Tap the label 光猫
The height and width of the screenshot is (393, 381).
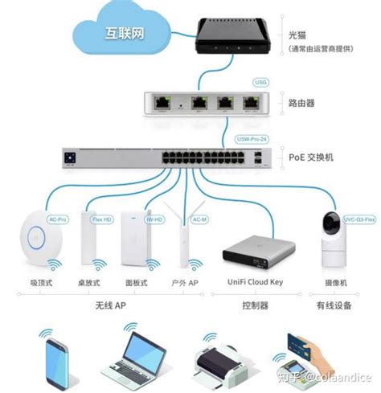tap(298, 36)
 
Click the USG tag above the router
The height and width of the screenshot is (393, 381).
tap(259, 82)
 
